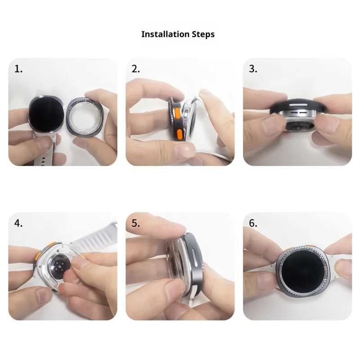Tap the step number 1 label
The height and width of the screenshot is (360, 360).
coord(18,69)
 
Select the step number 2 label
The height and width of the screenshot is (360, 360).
coord(136,69)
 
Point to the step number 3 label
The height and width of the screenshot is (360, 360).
coord(253,69)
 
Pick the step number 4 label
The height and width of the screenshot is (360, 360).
coord(18,223)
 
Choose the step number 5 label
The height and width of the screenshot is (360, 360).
coord(136,223)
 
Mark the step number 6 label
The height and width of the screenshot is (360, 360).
coord(253,223)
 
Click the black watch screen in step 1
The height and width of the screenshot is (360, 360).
coord(46,114)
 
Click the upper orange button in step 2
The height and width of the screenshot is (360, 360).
coord(177,114)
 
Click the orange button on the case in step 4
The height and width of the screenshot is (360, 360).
coord(38,256)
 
